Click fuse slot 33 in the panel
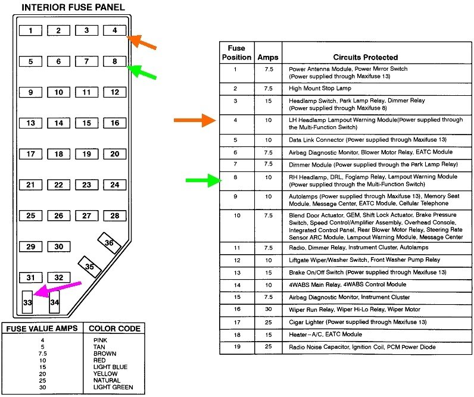click(x=27, y=302)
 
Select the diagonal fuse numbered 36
click(x=109, y=243)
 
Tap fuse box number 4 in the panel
click(x=114, y=30)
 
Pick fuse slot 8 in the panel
click(x=114, y=61)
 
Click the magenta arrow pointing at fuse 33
click(x=57, y=288)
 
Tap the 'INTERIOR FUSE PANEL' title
click(x=73, y=7)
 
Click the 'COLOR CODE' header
click(x=114, y=328)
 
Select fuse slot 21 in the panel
click(x=30, y=185)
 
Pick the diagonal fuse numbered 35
click(x=89, y=267)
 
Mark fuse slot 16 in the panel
click(x=114, y=123)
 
